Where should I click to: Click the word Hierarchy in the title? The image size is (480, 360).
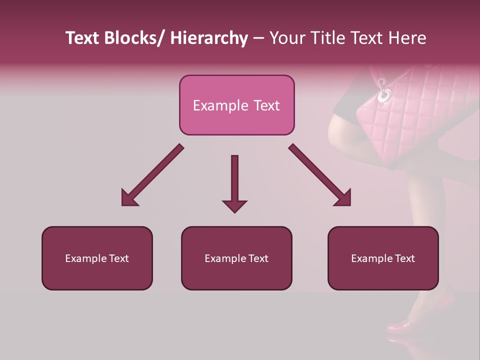tap(209, 38)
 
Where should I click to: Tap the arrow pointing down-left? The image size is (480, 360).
tap(152, 175)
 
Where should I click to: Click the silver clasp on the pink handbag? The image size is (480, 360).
tap(384, 92)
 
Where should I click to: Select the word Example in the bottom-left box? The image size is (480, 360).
tap(84, 258)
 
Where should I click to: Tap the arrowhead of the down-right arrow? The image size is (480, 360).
tap(342, 197)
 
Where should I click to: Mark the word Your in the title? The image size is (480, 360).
tap(285, 38)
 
